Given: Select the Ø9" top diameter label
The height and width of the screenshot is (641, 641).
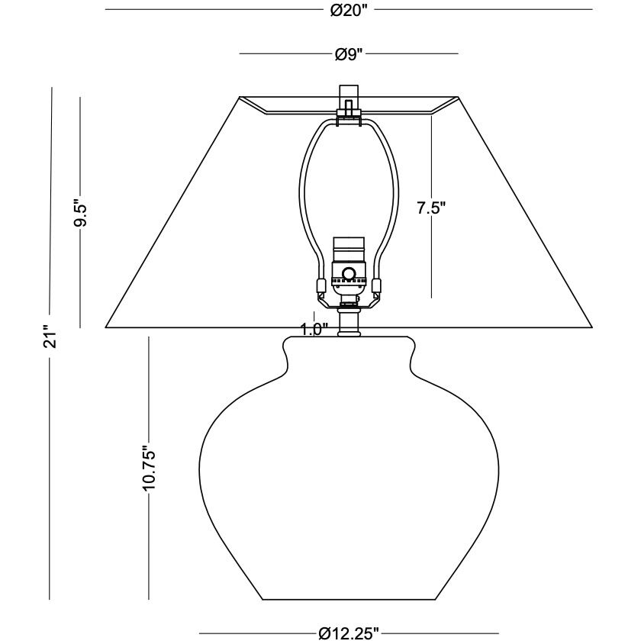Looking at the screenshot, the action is coord(349,54).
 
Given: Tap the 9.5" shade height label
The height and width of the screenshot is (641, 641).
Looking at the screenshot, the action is coord(81,213).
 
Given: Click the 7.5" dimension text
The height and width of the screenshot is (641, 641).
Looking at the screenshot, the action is coord(431,208).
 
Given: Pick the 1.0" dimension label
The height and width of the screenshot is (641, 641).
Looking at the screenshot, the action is coord(314,329).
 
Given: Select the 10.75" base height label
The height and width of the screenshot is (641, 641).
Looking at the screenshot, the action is coord(148,468).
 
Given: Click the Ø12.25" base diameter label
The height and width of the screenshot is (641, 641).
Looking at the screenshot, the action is coord(349,633).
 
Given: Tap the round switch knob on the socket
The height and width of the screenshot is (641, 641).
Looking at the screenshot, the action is coord(349,273).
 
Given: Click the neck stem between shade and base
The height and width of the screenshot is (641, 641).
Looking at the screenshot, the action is coord(349,323).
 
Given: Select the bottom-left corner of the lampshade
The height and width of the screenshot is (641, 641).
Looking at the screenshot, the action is coord(105,328).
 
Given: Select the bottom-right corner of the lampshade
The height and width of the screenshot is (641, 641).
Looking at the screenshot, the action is coord(592,328).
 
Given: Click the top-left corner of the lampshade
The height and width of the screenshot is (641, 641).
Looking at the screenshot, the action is coord(240,97).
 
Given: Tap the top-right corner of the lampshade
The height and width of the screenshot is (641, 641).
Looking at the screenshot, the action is coord(458,97).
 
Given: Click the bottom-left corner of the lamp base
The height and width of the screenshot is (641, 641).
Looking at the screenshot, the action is coord(263,600).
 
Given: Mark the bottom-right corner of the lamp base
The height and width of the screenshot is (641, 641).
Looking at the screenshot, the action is coord(435,600).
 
